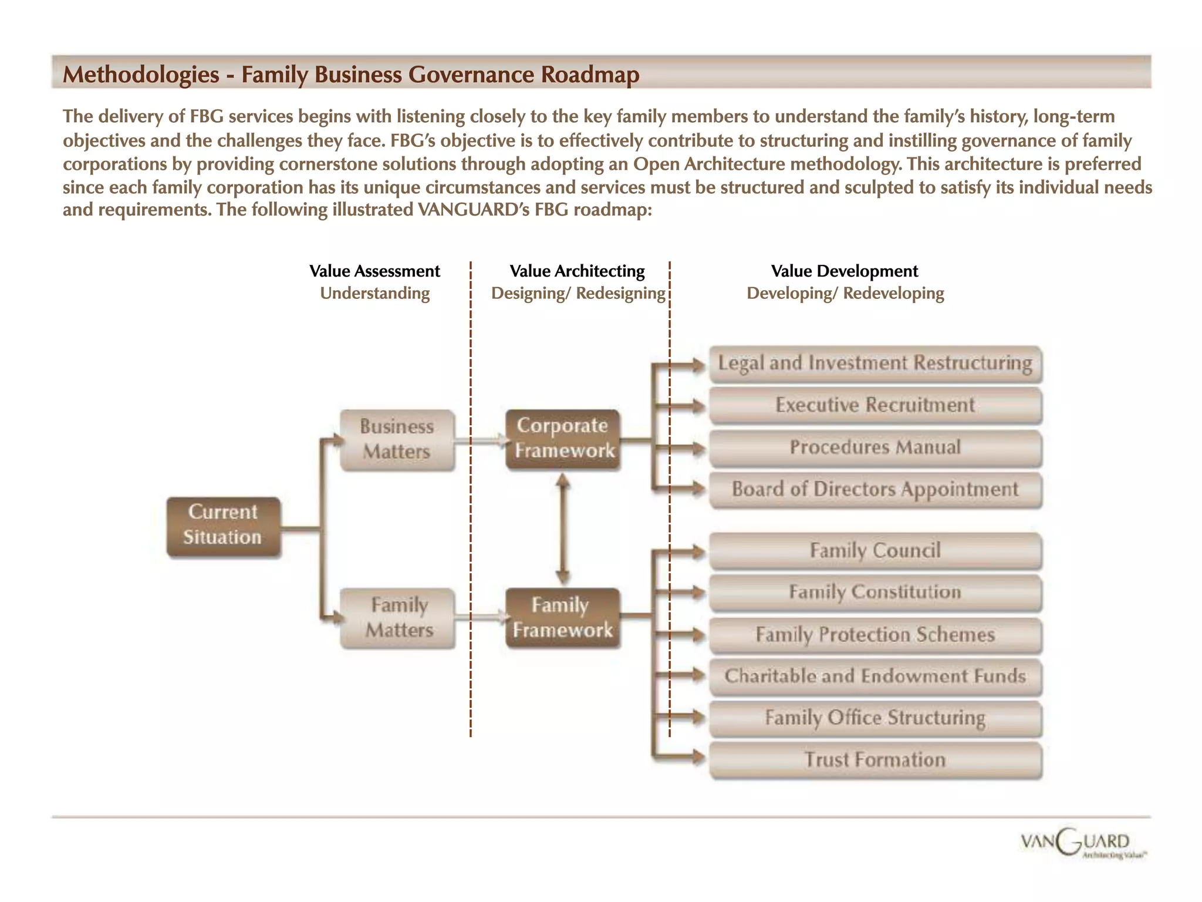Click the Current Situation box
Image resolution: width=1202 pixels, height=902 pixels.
[x=224, y=526]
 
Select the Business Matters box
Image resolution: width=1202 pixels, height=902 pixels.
[x=397, y=440]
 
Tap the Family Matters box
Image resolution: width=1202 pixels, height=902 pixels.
[x=397, y=618]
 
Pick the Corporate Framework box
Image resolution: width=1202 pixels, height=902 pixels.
[x=563, y=439]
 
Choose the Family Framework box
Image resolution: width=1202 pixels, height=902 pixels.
[x=563, y=618]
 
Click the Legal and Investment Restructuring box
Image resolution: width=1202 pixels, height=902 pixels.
[x=875, y=364]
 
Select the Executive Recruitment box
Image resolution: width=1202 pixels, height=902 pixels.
[x=875, y=405]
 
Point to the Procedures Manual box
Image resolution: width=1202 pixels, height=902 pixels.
[x=875, y=447]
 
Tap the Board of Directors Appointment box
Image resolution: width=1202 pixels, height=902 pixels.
[x=875, y=489]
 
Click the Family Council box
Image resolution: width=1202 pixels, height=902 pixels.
[x=875, y=551]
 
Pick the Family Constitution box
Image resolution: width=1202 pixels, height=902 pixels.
[x=875, y=593]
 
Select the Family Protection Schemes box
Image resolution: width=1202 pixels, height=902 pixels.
[x=875, y=635]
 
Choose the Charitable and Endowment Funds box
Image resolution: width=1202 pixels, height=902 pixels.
[x=875, y=676]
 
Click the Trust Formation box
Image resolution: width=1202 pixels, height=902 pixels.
[x=875, y=760]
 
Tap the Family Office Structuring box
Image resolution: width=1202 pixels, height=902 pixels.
[x=875, y=718]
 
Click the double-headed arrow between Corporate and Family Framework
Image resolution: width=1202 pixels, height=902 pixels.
[x=563, y=529]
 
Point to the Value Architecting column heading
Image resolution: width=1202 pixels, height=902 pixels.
[x=577, y=271]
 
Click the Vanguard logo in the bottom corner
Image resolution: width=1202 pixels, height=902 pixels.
[x=1083, y=846]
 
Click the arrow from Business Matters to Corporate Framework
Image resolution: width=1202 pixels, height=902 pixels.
[x=481, y=440]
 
